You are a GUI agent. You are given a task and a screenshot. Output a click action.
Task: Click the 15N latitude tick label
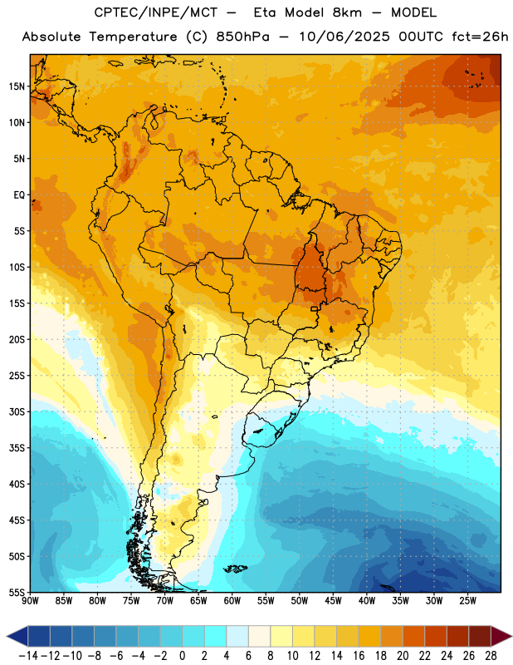point(17,86)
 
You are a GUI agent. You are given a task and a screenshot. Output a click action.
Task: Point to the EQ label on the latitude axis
point(19,195)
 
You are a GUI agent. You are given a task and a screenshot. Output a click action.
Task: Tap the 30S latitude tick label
point(17,411)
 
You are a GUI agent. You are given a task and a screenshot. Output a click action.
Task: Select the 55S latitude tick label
point(17,593)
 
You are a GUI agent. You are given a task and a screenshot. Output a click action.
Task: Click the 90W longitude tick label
point(30,601)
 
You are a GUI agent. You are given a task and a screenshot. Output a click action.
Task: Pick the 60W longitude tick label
point(232,601)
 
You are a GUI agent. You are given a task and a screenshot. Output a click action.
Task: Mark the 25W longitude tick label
point(467,601)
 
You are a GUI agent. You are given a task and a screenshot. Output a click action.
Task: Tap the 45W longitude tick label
point(333,601)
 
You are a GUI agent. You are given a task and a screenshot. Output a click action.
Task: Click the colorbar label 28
point(491,656)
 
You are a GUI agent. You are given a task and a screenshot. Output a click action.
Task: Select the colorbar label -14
point(28,656)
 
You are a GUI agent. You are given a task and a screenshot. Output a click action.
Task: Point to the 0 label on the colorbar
point(183,656)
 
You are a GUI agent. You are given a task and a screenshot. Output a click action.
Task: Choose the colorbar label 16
point(359,656)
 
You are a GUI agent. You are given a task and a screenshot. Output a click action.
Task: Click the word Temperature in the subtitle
point(133,37)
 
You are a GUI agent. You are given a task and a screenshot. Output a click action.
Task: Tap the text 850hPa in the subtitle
point(242,37)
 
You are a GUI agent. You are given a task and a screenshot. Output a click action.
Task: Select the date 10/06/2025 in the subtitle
point(344,37)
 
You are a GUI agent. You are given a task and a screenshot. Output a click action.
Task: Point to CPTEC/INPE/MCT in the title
point(156,12)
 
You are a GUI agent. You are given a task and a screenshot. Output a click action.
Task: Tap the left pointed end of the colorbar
point(7,637)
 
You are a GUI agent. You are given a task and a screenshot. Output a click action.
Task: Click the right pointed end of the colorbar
point(511,637)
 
